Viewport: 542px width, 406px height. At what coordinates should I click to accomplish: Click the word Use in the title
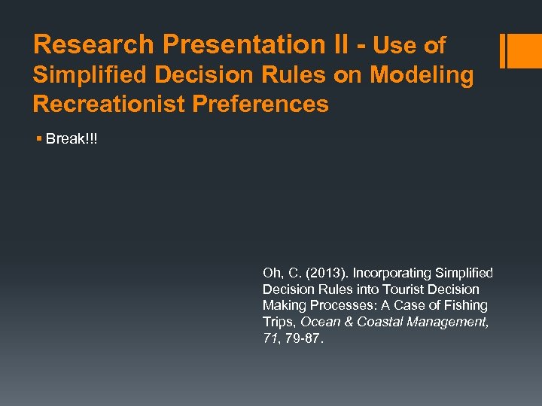395,47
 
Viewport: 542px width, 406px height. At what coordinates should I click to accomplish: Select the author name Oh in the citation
269,273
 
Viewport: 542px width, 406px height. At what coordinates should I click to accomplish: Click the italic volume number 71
269,339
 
